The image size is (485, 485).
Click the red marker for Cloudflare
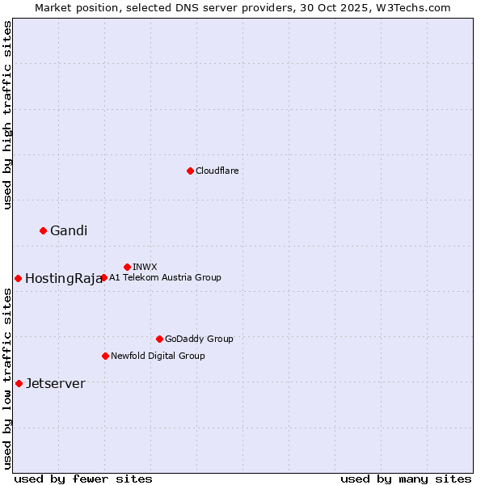(x=190, y=171)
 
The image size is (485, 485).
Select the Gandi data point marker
(x=43, y=230)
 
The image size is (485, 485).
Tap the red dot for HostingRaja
(x=18, y=278)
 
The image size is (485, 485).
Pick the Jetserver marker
(x=19, y=383)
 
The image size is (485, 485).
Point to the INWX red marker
(x=127, y=267)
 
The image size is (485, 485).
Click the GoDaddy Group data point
(x=159, y=339)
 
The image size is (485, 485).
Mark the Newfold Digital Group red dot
(x=105, y=356)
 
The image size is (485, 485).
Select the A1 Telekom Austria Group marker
(x=103, y=277)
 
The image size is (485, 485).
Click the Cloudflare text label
(x=217, y=171)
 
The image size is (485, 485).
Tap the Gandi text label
(x=69, y=231)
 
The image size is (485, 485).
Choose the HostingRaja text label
(x=63, y=279)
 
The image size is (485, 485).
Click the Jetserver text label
(x=55, y=384)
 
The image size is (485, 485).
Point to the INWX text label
(x=145, y=267)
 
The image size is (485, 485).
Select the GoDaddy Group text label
(x=199, y=339)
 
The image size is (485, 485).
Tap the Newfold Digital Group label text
(x=158, y=356)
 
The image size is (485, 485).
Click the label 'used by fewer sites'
(x=83, y=479)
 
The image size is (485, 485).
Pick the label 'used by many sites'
(x=406, y=479)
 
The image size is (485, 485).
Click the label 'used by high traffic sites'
(x=8, y=115)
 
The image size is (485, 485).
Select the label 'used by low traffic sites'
(x=8, y=378)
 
